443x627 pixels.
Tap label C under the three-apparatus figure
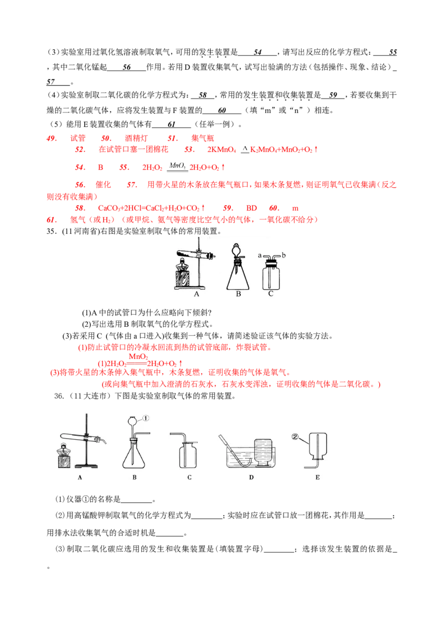coord(271,294)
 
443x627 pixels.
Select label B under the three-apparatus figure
coord(238,294)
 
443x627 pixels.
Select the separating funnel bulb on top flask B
coord(238,249)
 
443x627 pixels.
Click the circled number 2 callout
coord(296,437)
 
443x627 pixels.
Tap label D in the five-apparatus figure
coord(251,477)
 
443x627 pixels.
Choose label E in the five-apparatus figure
coord(317,477)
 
